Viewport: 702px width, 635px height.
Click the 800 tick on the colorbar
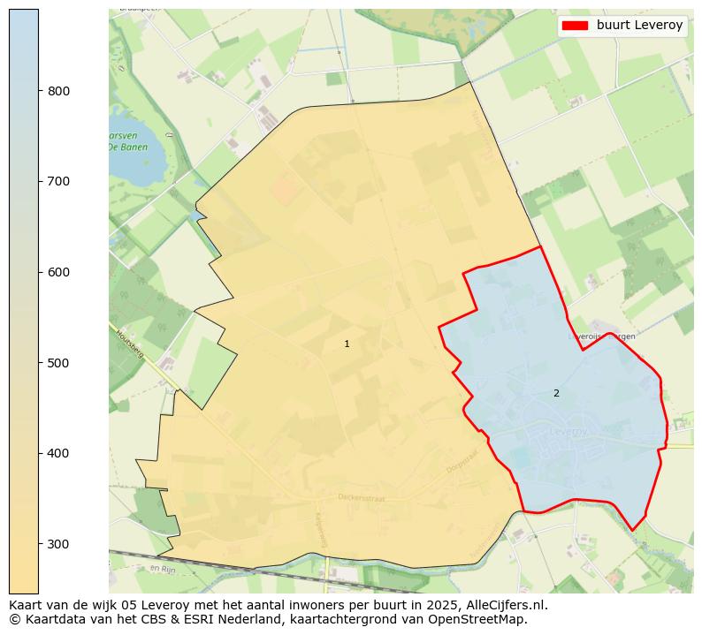coord(59,91)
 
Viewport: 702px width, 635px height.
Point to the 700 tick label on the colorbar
coord(59,181)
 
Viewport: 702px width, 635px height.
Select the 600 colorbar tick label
coord(59,272)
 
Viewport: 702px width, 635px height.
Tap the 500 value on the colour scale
coord(59,363)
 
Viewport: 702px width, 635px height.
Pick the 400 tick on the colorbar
coord(59,453)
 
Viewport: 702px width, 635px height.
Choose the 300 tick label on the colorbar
coord(59,544)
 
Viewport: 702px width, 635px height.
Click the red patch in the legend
coord(576,26)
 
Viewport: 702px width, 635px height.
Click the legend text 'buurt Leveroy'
coord(639,26)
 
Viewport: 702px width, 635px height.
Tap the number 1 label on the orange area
coord(347,344)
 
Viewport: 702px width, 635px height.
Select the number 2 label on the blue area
coord(556,393)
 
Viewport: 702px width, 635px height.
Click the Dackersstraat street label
coord(362,497)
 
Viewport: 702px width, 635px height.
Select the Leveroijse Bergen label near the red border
coord(601,336)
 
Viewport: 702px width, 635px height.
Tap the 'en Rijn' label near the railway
coord(164,569)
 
